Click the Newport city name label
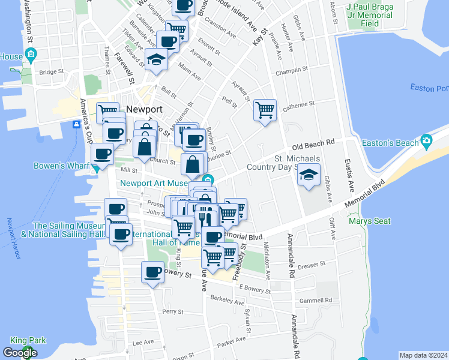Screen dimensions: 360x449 click(x=144, y=110)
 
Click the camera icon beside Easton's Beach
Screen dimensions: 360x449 click(x=427, y=142)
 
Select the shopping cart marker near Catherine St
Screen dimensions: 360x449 click(x=265, y=110)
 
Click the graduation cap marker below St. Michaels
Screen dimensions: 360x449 click(x=309, y=175)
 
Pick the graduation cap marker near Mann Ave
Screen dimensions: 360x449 click(x=156, y=59)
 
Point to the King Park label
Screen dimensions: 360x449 click(x=28, y=340)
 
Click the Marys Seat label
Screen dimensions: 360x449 click(x=370, y=221)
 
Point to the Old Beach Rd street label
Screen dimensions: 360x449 click(x=312, y=145)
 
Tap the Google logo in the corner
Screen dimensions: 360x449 click(x=19, y=353)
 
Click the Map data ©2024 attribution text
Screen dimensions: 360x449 click(x=423, y=355)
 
